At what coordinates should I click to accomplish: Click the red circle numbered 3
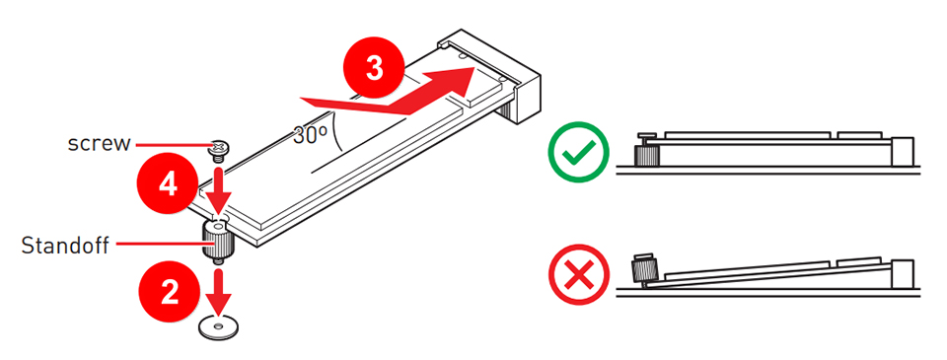(373, 68)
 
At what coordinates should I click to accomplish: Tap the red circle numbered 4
(169, 184)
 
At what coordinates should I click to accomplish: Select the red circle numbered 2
(169, 291)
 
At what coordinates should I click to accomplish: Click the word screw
(99, 144)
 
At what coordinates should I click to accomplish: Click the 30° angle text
(312, 136)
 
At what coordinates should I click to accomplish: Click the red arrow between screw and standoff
(219, 187)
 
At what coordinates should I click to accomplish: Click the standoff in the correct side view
(647, 154)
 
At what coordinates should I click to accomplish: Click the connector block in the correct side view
(904, 151)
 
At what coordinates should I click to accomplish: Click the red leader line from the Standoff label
(158, 245)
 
